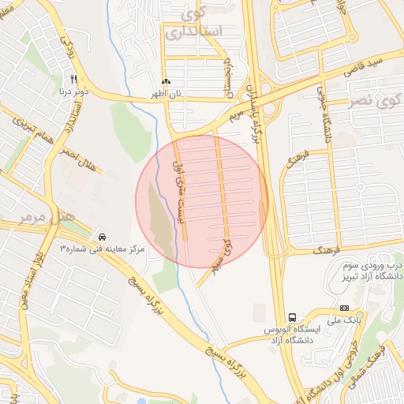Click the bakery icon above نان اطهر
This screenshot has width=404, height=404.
(166, 82)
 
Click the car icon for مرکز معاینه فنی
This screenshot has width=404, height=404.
(103, 236)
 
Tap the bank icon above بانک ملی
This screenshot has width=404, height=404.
(343, 308)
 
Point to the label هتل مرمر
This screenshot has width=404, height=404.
(47, 214)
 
